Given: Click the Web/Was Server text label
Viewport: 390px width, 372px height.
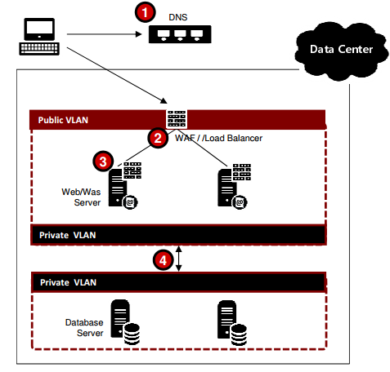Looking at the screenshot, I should pos(82,196).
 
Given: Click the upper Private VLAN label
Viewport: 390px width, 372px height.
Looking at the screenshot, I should pos(68,234).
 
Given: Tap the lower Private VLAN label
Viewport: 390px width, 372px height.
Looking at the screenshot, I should pos(68,282).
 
